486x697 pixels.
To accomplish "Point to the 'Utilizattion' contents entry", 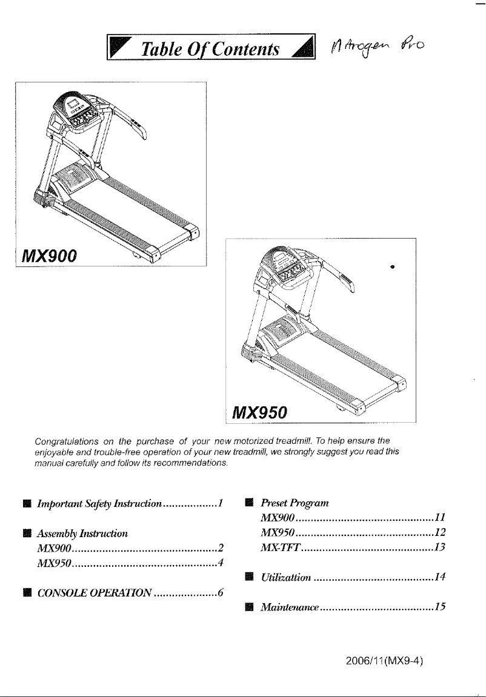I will (x=285, y=578).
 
